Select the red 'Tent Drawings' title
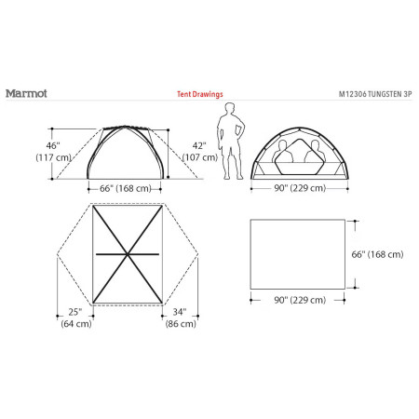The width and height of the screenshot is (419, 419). [199, 94]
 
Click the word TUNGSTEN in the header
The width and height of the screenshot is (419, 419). [386, 94]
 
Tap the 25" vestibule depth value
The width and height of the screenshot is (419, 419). [74, 311]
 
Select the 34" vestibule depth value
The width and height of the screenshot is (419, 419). [180, 311]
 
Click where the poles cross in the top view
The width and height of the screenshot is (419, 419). [125, 254]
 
